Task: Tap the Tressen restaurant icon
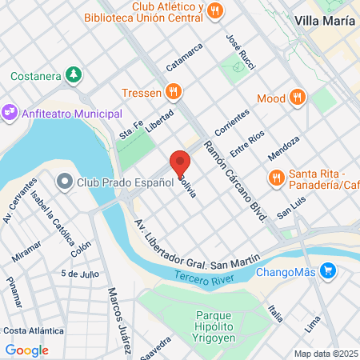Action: [171, 91]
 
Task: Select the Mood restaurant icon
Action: [297, 98]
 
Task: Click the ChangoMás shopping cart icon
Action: [326, 271]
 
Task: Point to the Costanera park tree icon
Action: [74, 76]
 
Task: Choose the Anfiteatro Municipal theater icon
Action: [10, 114]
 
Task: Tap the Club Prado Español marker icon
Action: [66, 183]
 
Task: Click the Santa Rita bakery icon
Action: [276, 176]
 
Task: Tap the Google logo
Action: [26, 350]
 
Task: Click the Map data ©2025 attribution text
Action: [325, 354]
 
